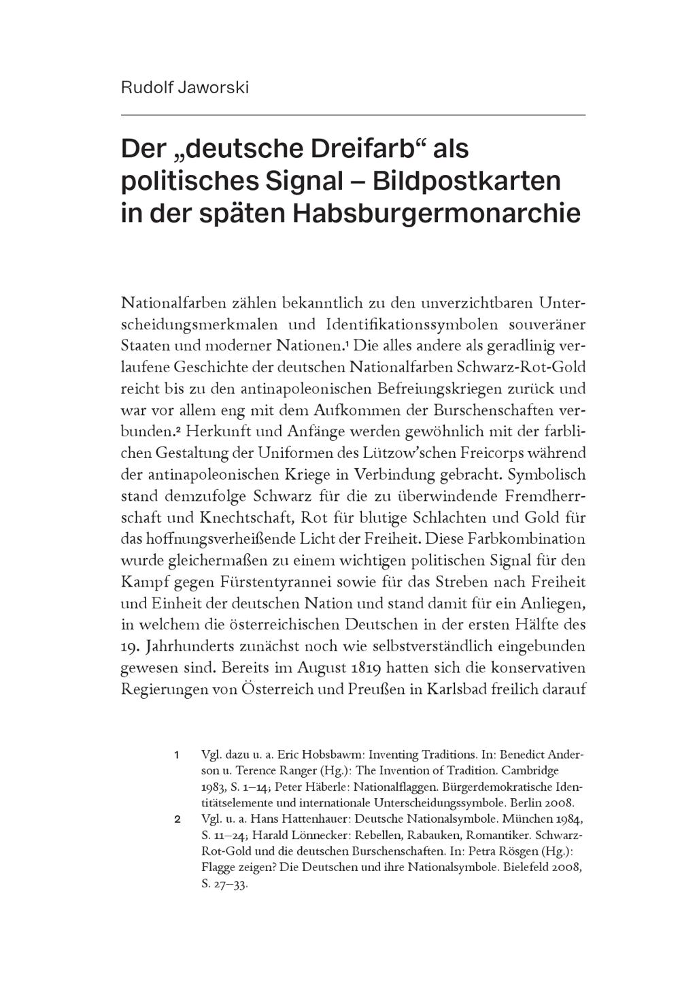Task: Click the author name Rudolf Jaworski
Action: click(185, 88)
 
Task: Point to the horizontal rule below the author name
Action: click(353, 115)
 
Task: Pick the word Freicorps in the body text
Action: click(516, 453)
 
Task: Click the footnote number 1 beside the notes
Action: click(177, 755)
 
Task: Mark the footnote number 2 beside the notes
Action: click(177, 819)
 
